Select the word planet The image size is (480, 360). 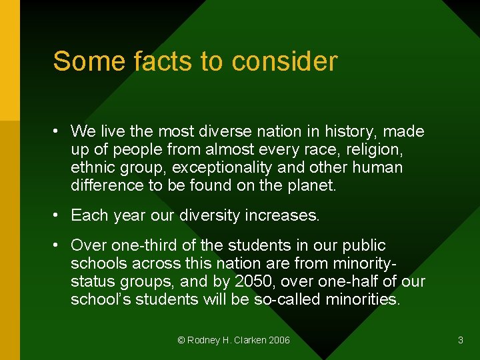click(312, 185)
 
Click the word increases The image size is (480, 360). click(284, 215)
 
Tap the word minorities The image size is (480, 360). click(363, 299)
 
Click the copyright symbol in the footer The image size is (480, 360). click(181, 341)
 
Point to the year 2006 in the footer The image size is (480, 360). click(279, 341)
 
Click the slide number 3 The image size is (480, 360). click(460, 341)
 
